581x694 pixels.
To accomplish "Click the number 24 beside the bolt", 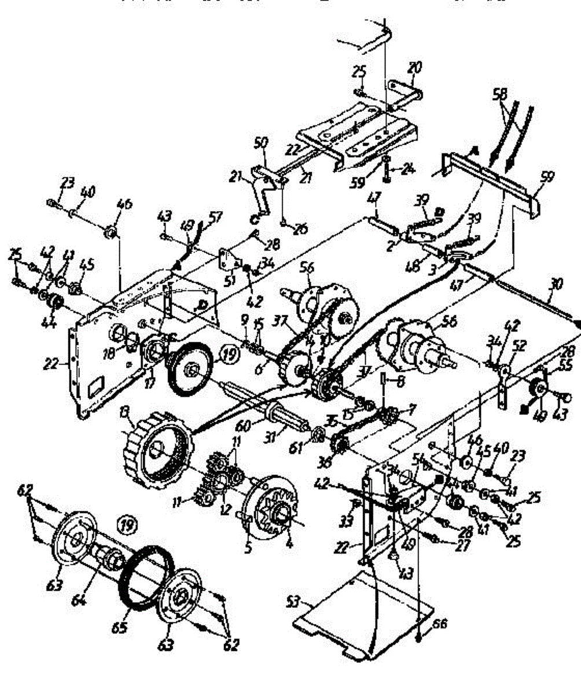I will (410, 170).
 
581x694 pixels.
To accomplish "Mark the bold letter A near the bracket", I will (473, 151).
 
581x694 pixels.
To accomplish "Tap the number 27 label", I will (461, 546).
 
